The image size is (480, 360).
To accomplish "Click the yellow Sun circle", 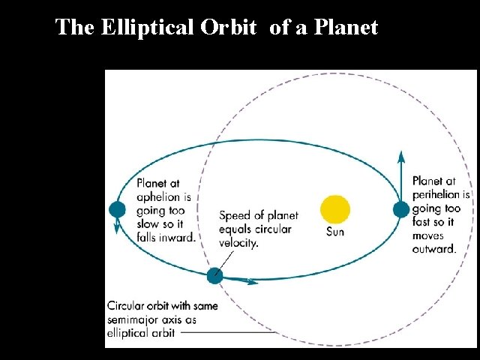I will point(335,210).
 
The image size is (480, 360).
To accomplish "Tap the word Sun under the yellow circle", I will point(335,232).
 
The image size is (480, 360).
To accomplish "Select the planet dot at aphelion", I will point(117,210).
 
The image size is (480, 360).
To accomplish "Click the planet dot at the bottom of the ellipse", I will point(215,275).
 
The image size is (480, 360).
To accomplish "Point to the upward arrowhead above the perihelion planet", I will point(401,157).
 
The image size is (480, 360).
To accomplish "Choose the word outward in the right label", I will point(434,249).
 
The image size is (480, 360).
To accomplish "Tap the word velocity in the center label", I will point(238,243).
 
